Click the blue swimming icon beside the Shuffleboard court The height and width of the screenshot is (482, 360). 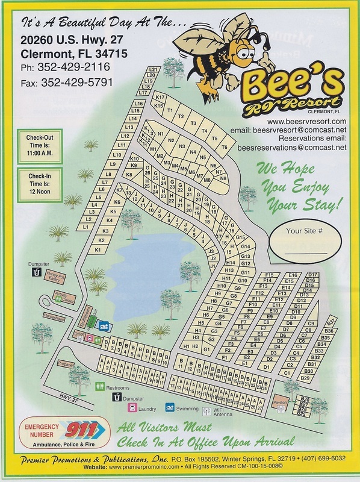pos(104,326)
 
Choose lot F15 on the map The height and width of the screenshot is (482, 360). pos(269,275)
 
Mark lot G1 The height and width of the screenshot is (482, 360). pos(206,349)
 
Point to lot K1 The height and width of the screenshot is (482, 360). pos(98,249)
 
